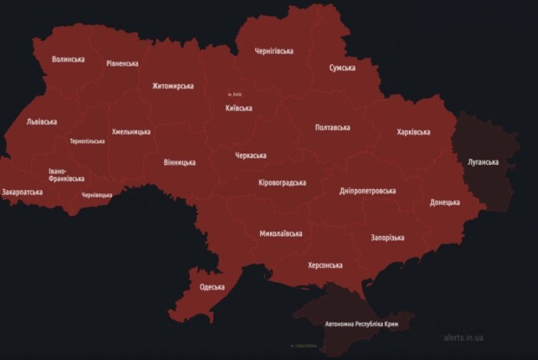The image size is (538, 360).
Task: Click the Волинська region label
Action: coord(68,59)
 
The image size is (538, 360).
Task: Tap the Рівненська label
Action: coord(122,63)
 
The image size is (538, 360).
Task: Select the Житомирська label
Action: coord(173,86)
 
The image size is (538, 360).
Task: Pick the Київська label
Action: coord(239,108)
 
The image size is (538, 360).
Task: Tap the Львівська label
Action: coord(43,121)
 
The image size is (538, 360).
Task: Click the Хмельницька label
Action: coord(131,132)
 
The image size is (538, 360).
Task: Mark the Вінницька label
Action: coord(180,162)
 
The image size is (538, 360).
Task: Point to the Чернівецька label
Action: coord(97,195)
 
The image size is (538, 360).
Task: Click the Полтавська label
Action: coord(332,128)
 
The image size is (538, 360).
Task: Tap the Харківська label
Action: coord(413,132)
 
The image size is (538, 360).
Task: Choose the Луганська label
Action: coord(482,162)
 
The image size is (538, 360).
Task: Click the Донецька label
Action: coord(444,202)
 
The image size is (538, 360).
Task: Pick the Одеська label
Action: coord(212,287)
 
